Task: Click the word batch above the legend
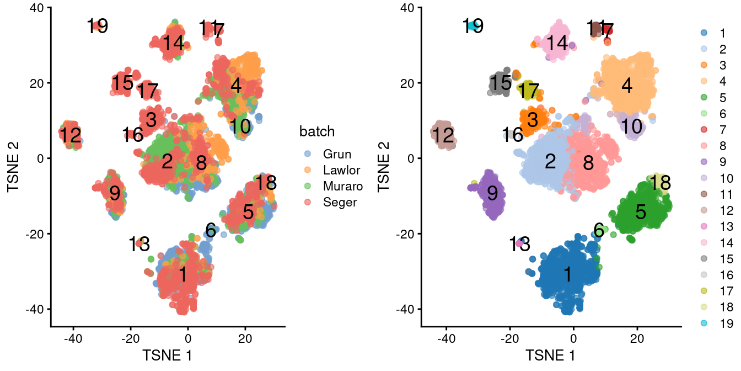click(317, 131)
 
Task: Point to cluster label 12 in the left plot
click(71, 135)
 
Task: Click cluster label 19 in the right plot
click(473, 26)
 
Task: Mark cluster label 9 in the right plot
click(492, 193)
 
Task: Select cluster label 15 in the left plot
click(122, 83)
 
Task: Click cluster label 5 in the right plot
click(640, 211)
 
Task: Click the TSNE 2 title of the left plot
click(14, 158)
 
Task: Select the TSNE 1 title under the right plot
click(551, 355)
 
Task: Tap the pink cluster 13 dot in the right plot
click(519, 243)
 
